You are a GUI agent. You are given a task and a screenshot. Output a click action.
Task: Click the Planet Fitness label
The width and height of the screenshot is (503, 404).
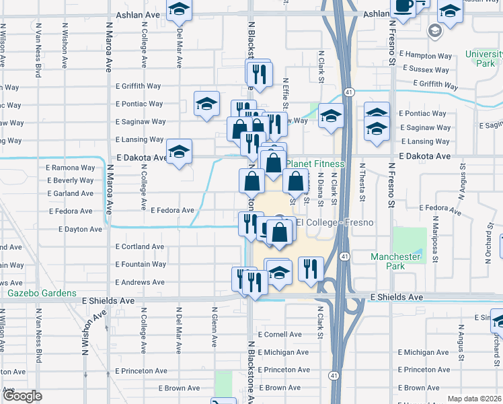click(317, 164)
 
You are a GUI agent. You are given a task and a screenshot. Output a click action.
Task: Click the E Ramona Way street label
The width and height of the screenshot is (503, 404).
click(70, 168)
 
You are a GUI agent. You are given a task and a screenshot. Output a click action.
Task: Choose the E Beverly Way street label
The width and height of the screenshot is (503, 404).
click(70, 180)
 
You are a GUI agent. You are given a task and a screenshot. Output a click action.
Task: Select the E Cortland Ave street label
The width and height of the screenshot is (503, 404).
click(140, 247)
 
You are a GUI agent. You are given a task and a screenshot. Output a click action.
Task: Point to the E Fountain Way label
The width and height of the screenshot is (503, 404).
click(141, 265)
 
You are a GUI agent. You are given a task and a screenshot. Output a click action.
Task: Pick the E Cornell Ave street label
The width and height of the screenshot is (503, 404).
click(279, 335)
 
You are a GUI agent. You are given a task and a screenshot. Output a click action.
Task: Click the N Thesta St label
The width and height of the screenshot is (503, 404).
click(362, 182)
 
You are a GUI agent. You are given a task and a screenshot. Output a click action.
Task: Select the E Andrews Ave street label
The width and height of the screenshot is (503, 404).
click(141, 283)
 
